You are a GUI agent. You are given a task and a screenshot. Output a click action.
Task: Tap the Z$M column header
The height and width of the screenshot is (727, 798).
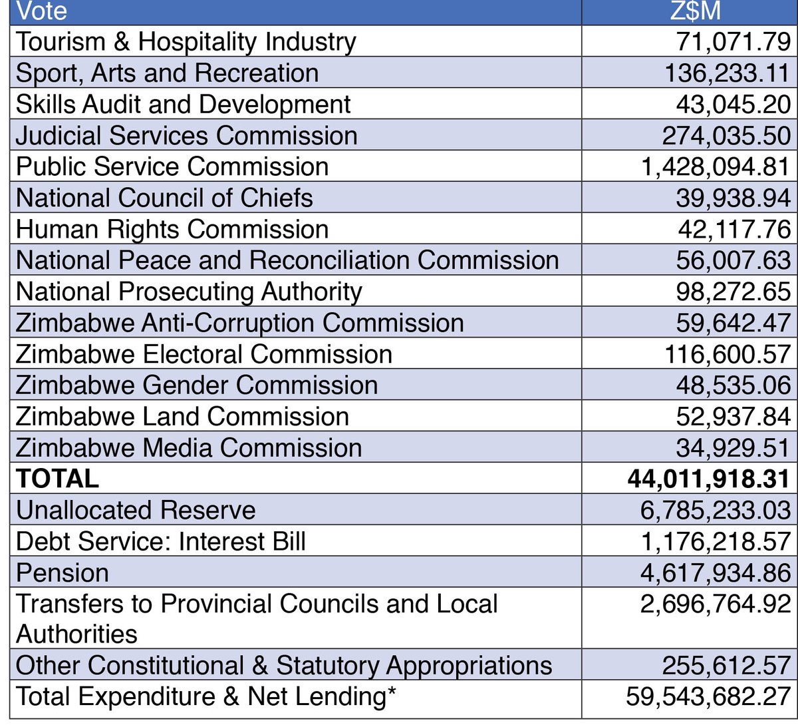(690, 11)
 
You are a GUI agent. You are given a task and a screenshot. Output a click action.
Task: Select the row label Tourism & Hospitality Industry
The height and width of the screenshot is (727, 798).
(186, 42)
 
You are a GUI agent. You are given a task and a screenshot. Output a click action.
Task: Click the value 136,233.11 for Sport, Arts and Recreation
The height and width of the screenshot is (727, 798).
(727, 73)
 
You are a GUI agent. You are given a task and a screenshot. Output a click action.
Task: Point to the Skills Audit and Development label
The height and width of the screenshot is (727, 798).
(183, 105)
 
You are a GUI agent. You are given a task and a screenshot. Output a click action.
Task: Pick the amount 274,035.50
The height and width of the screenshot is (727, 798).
(726, 136)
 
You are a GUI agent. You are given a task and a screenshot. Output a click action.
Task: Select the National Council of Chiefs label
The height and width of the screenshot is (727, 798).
(164, 198)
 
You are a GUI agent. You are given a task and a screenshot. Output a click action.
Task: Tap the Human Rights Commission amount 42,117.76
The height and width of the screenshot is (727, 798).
(733, 230)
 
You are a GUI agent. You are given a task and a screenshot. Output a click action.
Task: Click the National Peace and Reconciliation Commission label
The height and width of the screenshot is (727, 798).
(287, 260)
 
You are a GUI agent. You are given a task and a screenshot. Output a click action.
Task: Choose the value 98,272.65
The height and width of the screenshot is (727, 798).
(733, 292)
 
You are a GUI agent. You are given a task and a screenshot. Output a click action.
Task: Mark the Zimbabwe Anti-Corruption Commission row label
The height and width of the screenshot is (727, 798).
(239, 323)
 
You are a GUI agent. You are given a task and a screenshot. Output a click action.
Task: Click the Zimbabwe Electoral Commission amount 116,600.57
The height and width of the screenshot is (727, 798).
(727, 354)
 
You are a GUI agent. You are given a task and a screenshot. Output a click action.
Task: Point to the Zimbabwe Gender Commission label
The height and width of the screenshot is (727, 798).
(196, 385)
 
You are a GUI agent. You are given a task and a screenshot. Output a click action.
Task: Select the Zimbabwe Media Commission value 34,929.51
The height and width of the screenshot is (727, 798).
(733, 448)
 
